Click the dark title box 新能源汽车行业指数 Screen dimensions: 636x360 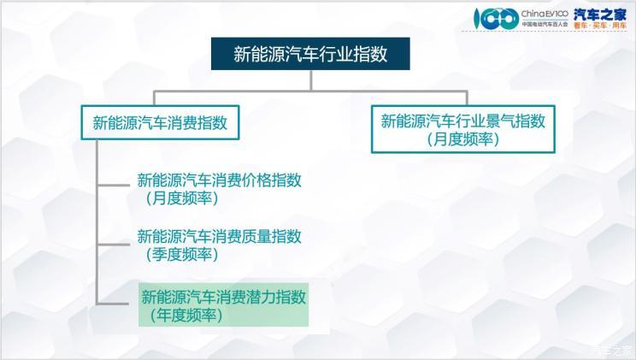tap(310, 54)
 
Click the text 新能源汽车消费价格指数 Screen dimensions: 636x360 tap(220, 180)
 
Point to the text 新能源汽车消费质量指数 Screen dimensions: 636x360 tap(220, 236)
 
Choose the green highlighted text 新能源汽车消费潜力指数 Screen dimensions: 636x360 tap(223, 297)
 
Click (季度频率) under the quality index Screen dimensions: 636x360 tap(182, 255)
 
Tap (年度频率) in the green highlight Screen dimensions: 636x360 tap(185, 316)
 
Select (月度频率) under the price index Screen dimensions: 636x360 tap(182, 198)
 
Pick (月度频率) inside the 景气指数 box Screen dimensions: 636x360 tap(462, 139)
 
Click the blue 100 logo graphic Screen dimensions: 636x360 tap(497, 18)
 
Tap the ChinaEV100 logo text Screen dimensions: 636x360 tap(545, 14)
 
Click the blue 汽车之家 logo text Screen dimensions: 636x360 tap(600, 15)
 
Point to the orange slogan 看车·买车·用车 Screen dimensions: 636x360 tap(600, 26)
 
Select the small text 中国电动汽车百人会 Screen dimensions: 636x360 tap(545, 24)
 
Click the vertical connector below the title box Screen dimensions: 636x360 tap(311, 80)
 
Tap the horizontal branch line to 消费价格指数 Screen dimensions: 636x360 tap(114, 186)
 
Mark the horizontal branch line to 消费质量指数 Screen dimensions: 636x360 tap(114, 244)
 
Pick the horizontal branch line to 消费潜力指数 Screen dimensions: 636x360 tap(113, 303)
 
